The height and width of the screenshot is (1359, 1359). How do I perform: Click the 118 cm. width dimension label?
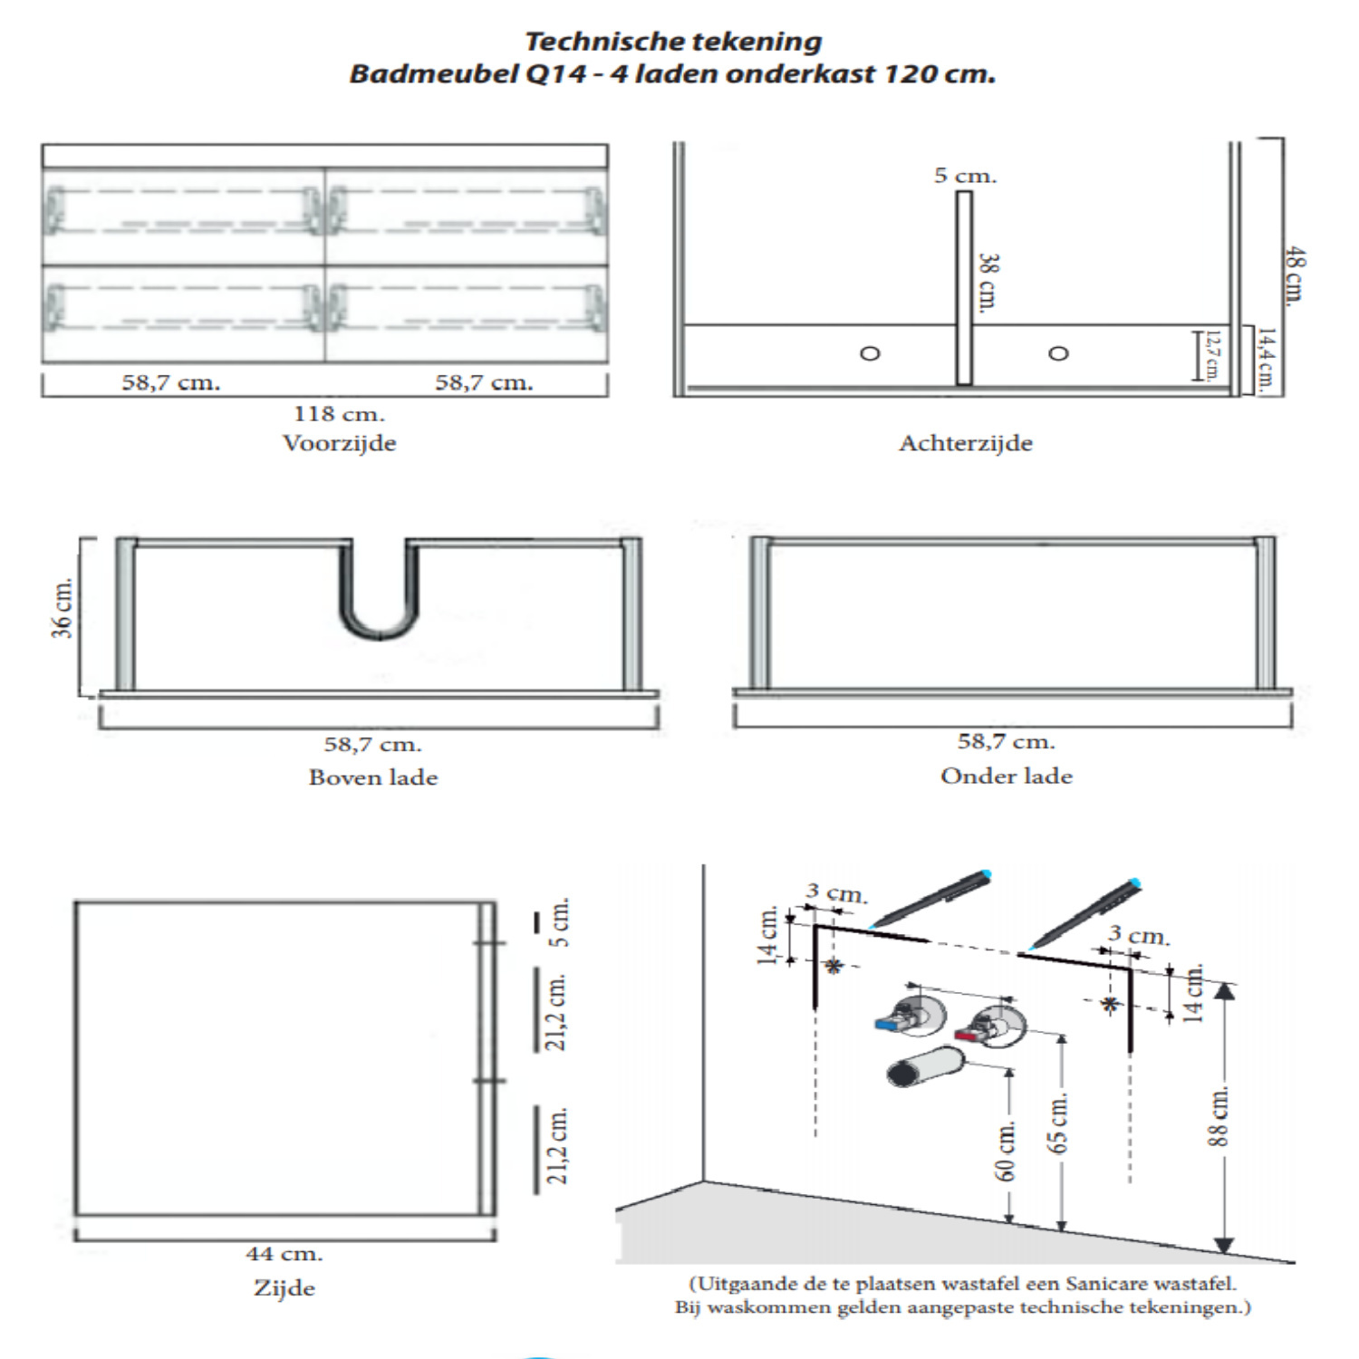click(x=339, y=414)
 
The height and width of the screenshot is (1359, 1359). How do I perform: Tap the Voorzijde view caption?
click(x=339, y=443)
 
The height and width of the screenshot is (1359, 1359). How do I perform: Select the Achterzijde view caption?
click(x=965, y=443)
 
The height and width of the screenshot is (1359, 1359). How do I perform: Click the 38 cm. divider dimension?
click(x=988, y=282)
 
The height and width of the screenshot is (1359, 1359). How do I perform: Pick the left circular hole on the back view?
click(x=870, y=352)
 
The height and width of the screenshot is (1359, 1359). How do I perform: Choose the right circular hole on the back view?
click(x=1058, y=352)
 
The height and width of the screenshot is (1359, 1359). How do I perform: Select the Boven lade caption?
click(x=373, y=777)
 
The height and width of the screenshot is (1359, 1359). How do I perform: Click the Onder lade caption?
click(x=1006, y=776)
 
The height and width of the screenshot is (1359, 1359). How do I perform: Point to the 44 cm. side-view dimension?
click(x=284, y=1254)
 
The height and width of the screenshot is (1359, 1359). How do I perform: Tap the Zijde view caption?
click(x=284, y=1287)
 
